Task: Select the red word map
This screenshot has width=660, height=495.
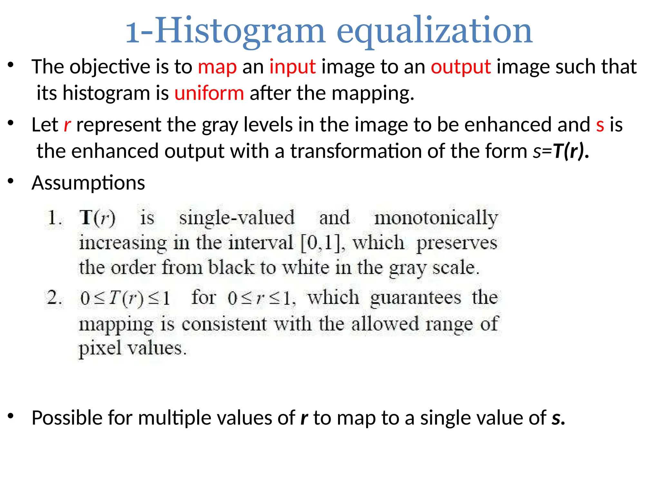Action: (x=217, y=67)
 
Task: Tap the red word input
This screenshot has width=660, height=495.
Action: (x=292, y=67)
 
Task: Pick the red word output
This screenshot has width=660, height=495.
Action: (x=461, y=67)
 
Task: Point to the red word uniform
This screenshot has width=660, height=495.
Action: (x=209, y=93)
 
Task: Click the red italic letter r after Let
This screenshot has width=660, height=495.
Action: (x=67, y=125)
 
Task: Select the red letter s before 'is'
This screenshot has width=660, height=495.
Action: (x=600, y=125)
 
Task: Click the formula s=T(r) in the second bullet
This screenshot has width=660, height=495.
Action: (x=560, y=151)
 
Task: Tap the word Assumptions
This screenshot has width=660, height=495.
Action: (x=88, y=183)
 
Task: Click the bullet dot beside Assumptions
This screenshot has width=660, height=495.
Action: (x=11, y=181)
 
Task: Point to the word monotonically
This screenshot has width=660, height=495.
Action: (x=436, y=218)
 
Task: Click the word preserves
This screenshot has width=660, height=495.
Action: (x=457, y=243)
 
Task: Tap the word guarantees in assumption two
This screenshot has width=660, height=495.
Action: (x=415, y=298)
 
